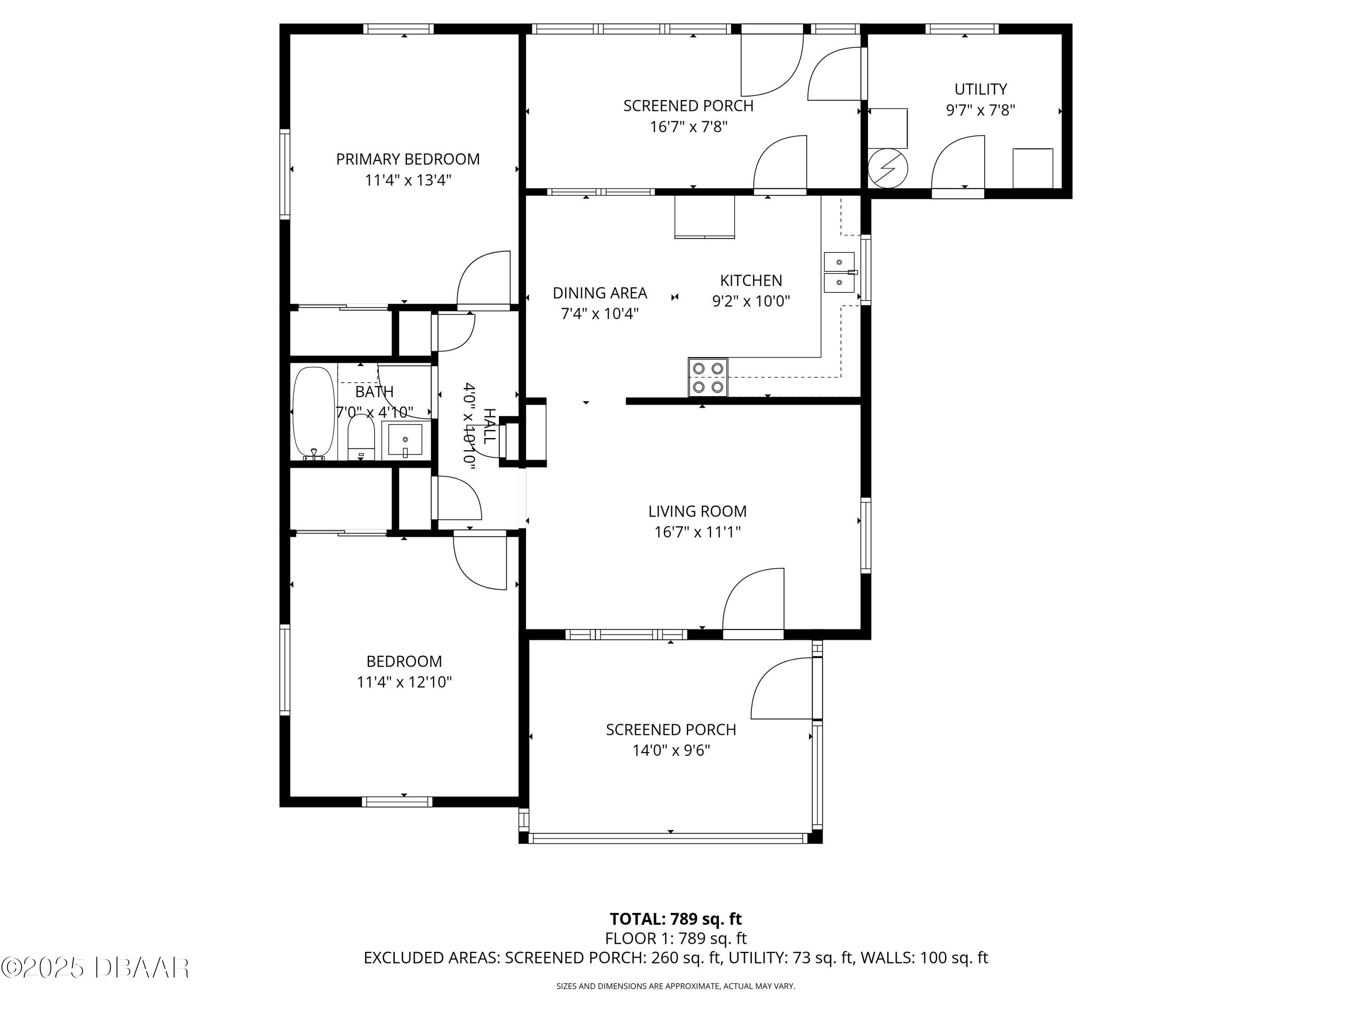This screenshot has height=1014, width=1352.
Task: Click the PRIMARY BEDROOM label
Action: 408,159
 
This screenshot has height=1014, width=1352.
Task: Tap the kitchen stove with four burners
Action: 708,378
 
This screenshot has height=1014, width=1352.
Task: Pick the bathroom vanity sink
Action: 405,439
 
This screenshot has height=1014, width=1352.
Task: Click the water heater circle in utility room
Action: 887,168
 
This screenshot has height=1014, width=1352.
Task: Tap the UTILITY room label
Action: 980,89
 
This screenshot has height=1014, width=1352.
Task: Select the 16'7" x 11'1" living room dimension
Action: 697,532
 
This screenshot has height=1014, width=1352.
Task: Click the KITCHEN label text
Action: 750,281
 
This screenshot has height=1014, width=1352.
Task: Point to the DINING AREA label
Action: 599,293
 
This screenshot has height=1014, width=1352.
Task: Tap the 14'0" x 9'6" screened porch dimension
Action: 671,750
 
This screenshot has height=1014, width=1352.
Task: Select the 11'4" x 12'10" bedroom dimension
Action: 404,682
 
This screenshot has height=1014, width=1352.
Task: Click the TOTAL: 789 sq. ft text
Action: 676,918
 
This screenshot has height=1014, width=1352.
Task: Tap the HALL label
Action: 489,426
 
